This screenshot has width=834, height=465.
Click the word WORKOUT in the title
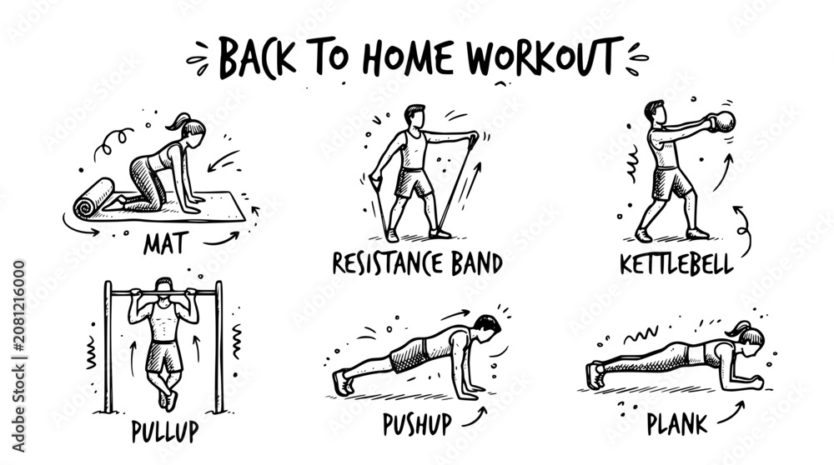545,56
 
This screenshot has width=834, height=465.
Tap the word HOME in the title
408,57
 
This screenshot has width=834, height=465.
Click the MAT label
165,244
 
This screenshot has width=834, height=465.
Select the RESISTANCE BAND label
418,263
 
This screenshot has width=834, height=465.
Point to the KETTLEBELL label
677,264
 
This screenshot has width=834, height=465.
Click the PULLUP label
165,432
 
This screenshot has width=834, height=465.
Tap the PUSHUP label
418,424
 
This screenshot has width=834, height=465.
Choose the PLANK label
677,424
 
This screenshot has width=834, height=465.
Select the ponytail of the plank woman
733,330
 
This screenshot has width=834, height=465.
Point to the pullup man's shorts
163,356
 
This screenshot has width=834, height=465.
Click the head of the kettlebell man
655,111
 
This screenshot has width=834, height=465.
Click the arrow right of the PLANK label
731,412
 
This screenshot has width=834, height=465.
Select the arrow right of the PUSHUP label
475,417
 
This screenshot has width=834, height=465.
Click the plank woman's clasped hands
754,381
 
